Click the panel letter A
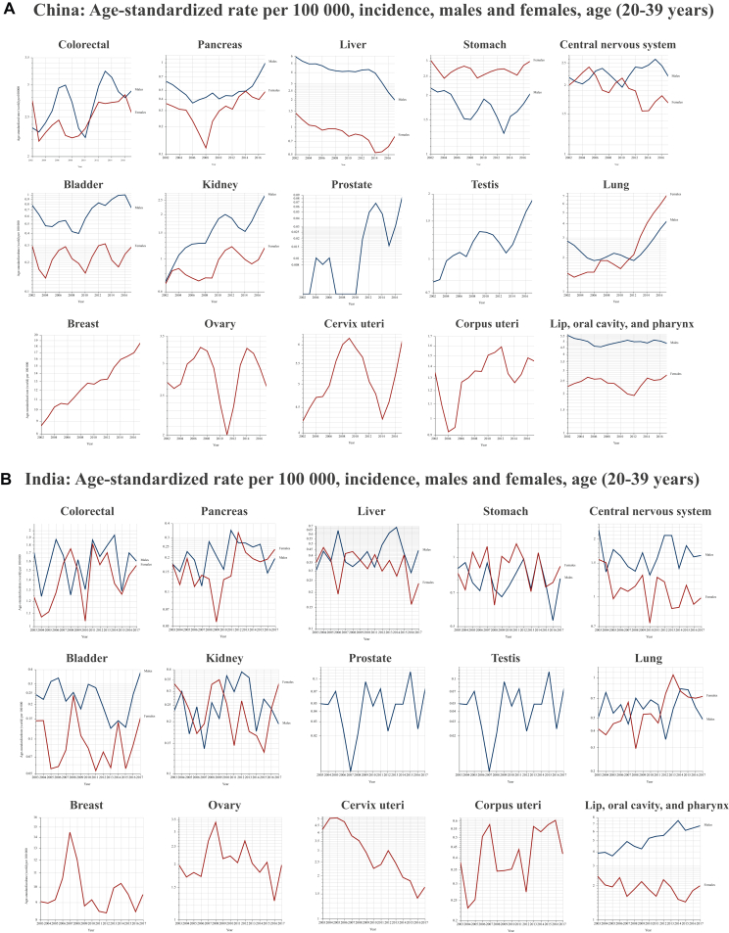click(x=8, y=12)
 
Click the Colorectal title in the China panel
click(x=82, y=46)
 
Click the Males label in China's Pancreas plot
click(x=274, y=63)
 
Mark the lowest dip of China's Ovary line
click(x=227, y=434)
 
